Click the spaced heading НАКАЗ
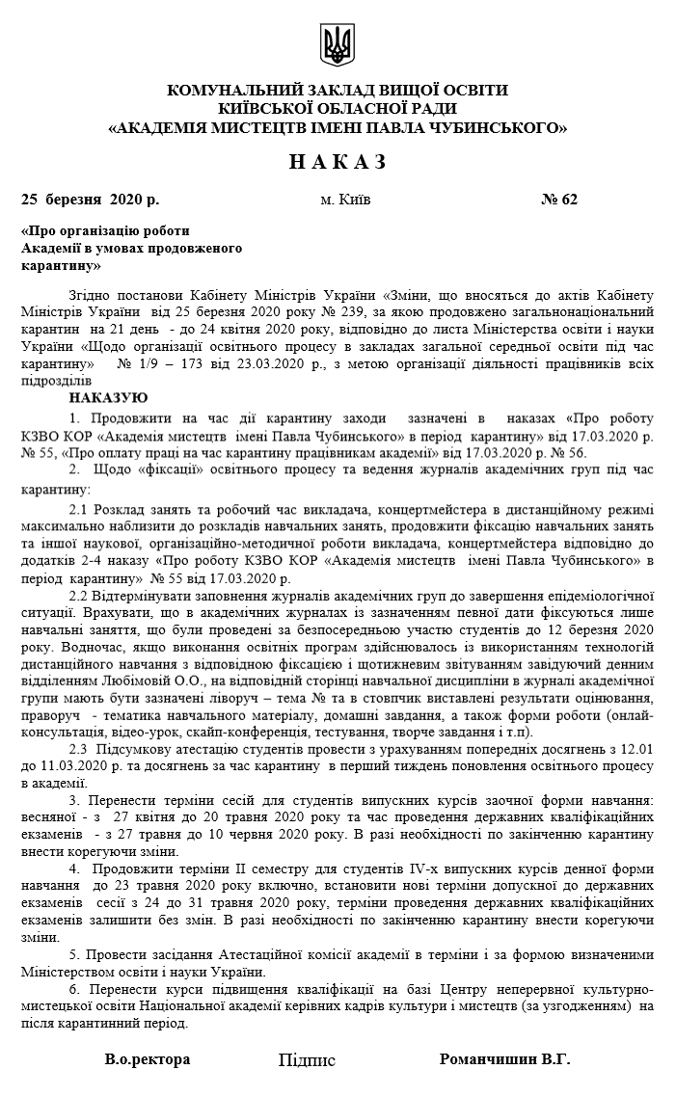(x=338, y=162)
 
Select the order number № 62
(x=559, y=200)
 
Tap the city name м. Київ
(x=345, y=200)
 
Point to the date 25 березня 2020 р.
(x=90, y=200)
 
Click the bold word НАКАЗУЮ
(x=109, y=397)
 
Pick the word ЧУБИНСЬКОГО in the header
(x=500, y=126)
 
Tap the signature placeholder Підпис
(x=307, y=1060)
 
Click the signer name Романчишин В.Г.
(x=504, y=1058)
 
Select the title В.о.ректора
(x=148, y=1058)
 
